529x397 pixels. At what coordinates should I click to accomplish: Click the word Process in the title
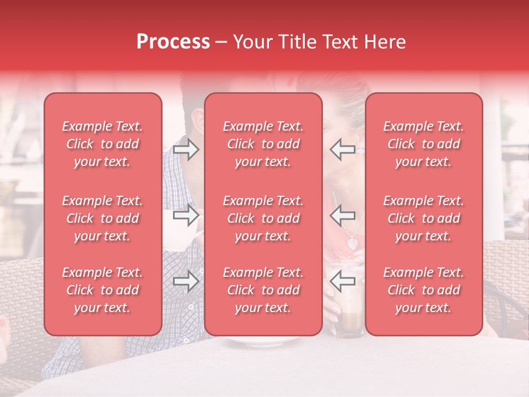pyautogui.click(x=173, y=42)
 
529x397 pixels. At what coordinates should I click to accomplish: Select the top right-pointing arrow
pyautogui.click(x=186, y=149)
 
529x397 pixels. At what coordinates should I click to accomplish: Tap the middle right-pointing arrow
pyautogui.click(x=186, y=215)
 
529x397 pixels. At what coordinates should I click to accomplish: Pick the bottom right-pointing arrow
pyautogui.click(x=186, y=281)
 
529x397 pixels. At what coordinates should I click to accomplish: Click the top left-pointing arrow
pyautogui.click(x=342, y=149)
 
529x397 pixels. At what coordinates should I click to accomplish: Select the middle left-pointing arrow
pyautogui.click(x=342, y=215)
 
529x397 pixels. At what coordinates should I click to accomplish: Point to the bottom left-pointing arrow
pyautogui.click(x=342, y=281)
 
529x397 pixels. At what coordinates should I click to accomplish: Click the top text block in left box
pyautogui.click(x=102, y=144)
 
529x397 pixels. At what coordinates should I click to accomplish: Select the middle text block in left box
pyautogui.click(x=102, y=218)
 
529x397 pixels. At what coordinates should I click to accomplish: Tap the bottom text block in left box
pyautogui.click(x=102, y=290)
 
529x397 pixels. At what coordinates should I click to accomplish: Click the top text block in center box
pyautogui.click(x=263, y=144)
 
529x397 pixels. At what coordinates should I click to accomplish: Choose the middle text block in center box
pyautogui.click(x=263, y=218)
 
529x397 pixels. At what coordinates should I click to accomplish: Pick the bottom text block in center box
pyautogui.click(x=263, y=290)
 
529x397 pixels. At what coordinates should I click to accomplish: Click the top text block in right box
pyautogui.click(x=423, y=144)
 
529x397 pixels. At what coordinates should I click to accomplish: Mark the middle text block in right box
pyautogui.click(x=423, y=218)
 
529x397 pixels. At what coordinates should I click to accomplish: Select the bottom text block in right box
pyautogui.click(x=423, y=290)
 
